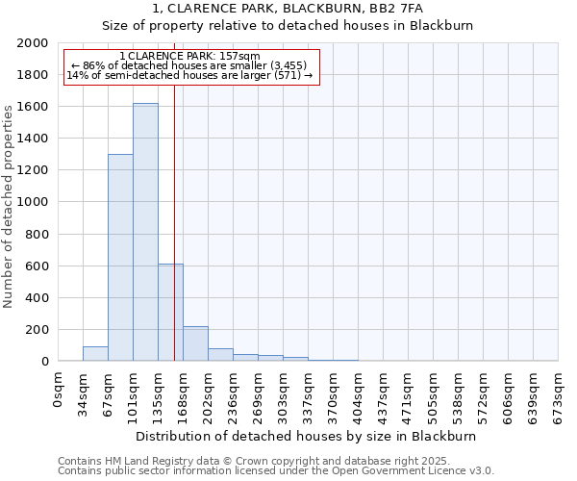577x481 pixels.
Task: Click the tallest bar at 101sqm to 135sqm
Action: (145, 232)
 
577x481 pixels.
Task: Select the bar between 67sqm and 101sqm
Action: (120, 258)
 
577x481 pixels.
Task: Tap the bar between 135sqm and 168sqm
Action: (170, 313)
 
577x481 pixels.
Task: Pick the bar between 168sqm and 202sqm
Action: (195, 343)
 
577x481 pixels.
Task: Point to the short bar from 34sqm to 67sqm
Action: (95, 354)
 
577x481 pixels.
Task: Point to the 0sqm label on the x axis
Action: (59, 389)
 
